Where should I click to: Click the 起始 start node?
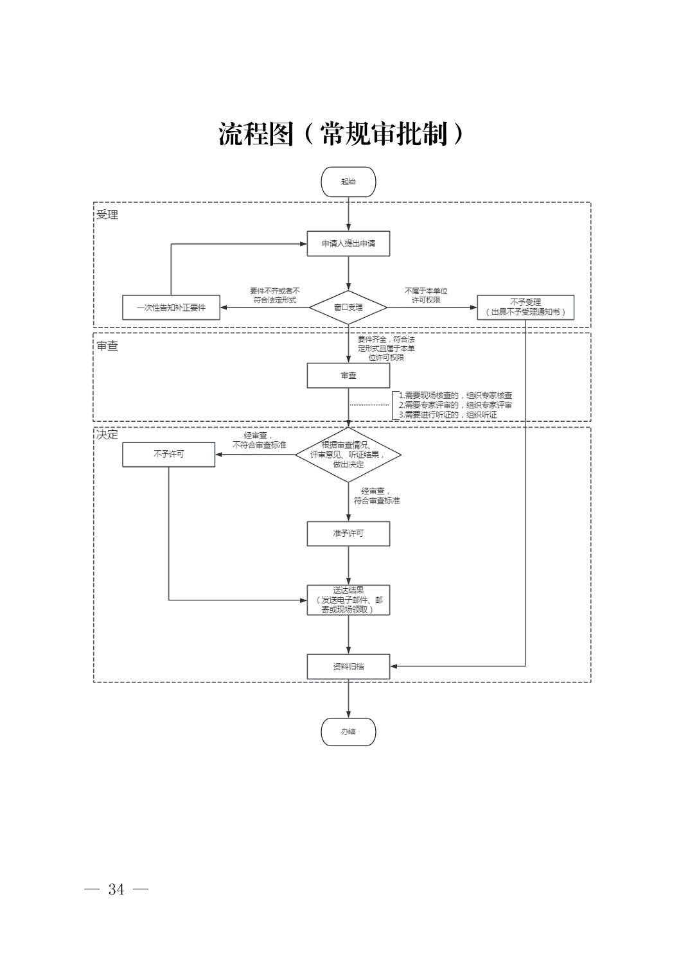coord(348,182)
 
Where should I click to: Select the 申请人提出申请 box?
coord(348,243)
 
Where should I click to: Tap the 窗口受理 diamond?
coord(348,307)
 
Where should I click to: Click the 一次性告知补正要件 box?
coord(171,308)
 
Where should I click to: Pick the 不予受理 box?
coord(525,307)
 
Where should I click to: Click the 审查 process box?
coord(348,376)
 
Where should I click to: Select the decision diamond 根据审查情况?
coord(348,455)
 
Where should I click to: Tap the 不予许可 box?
coord(168,454)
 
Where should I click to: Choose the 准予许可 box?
coord(348,534)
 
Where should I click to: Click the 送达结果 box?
coord(348,600)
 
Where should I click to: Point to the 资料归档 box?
coord(348,667)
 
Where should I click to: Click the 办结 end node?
coord(348,731)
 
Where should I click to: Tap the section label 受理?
coord(107,214)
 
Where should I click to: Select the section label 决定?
coord(107,434)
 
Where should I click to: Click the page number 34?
coord(116,889)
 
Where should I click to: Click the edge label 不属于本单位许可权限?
coord(425,295)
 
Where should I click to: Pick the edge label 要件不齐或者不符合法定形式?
coord(274,295)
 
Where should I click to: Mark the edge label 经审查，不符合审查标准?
coord(259,440)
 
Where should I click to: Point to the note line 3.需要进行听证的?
coord(448,415)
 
